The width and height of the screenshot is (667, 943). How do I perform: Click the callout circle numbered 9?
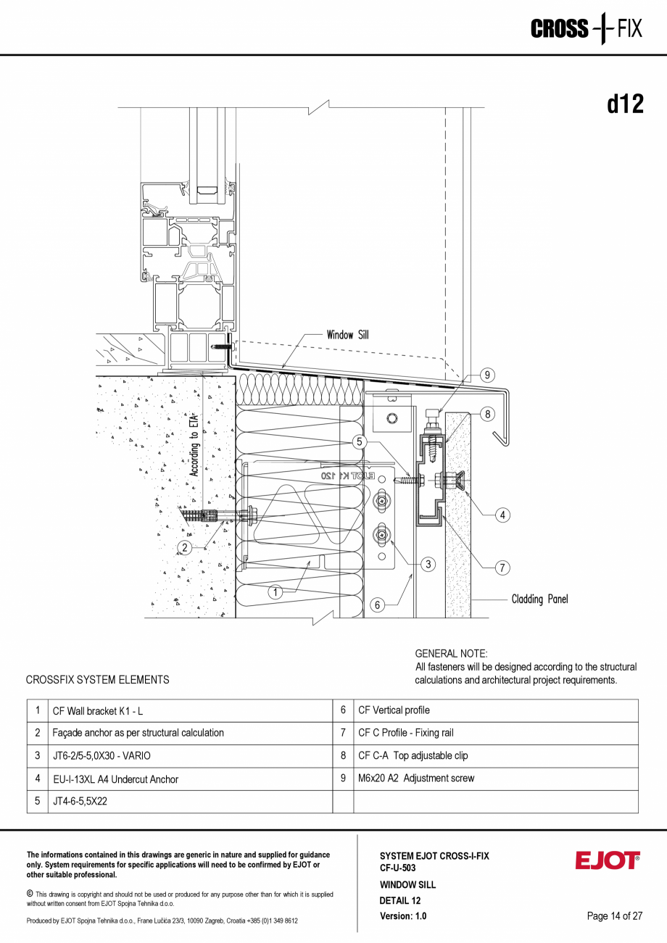coord(488,375)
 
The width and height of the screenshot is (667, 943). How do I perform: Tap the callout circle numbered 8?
coord(488,415)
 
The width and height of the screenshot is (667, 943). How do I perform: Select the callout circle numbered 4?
coord(502,515)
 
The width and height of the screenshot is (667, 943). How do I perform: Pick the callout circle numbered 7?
coord(502,568)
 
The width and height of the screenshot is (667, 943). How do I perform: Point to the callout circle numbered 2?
coord(186,547)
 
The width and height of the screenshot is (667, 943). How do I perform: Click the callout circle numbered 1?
coord(275,592)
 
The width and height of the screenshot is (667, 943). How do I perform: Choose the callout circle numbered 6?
coord(377,605)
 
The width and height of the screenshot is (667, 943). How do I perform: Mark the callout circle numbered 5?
coord(360,441)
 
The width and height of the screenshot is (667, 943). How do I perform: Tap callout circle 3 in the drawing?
coord(428,563)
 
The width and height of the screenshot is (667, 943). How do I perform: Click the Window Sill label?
coord(347,335)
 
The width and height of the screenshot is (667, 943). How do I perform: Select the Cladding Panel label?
coord(539,599)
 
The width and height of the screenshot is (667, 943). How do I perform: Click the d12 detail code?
coord(625,104)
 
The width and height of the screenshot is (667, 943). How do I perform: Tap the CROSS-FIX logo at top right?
coord(586,29)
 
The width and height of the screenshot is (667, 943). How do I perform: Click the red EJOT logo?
coord(608,860)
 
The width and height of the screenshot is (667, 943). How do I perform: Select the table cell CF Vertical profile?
coord(394,710)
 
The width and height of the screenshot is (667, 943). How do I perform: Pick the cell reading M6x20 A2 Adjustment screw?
coord(416,778)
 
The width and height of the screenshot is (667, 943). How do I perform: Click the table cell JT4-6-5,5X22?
coord(80,802)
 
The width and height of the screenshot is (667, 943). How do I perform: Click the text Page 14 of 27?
coord(615,916)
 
